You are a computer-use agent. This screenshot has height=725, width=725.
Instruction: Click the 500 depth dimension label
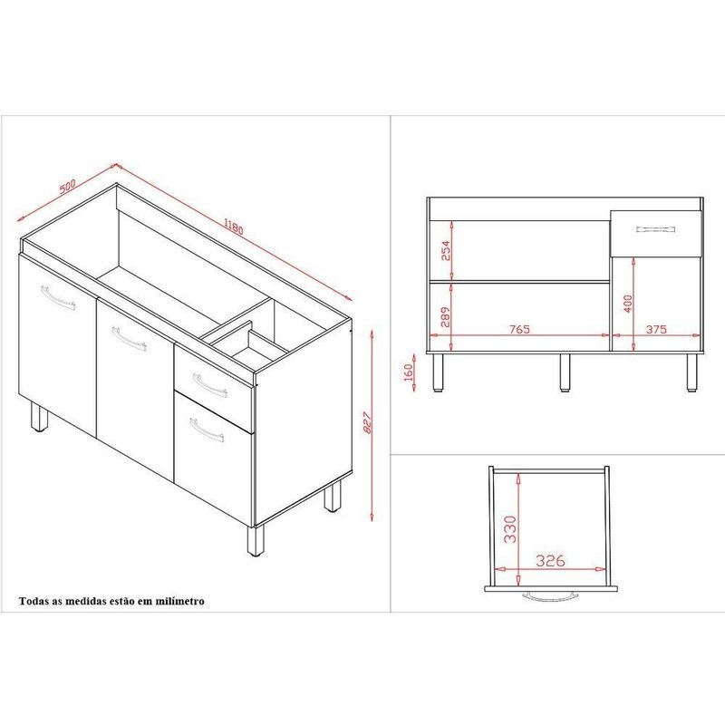coord(67,186)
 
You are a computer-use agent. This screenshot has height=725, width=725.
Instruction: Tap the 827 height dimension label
coord(368,422)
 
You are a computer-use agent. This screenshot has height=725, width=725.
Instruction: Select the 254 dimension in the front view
coord(445,250)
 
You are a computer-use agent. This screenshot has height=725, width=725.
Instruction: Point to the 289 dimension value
coord(445,316)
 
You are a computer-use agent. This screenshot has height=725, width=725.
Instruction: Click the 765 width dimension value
coord(519,329)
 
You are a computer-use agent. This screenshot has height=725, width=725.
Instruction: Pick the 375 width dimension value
coord(656,329)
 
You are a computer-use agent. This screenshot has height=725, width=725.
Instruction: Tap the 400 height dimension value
coord(628,304)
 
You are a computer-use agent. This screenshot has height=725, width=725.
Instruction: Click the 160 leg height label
coord(409,372)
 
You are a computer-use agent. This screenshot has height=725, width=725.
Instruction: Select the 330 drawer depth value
coord(509,529)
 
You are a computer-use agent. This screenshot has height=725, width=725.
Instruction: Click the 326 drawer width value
coord(550,561)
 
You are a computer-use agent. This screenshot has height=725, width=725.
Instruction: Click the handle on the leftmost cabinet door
coord(58,298)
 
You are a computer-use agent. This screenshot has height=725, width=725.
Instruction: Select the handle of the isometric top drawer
coord(210,385)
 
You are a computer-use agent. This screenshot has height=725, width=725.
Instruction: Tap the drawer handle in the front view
coord(655,229)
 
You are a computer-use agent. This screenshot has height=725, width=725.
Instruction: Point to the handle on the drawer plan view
coord(550,596)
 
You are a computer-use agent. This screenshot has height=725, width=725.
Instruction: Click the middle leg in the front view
coord(564,372)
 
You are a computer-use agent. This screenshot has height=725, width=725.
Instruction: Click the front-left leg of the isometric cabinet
coord(39,417)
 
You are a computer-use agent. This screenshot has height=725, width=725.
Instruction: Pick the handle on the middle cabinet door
coord(130,339)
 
